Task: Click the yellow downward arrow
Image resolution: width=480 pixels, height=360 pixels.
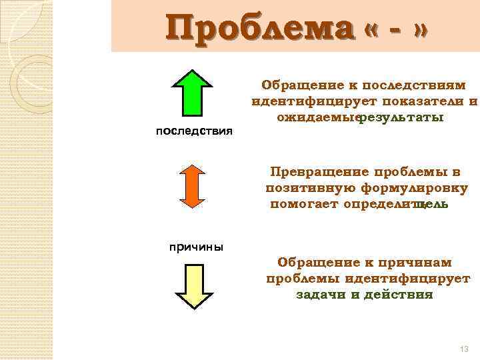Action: (193, 287)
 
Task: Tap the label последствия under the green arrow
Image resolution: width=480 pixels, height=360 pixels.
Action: (193, 130)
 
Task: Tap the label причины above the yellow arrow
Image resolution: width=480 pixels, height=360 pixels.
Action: (194, 247)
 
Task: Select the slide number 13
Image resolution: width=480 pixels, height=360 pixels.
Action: (465, 350)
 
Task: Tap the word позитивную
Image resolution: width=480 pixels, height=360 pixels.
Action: (304, 188)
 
